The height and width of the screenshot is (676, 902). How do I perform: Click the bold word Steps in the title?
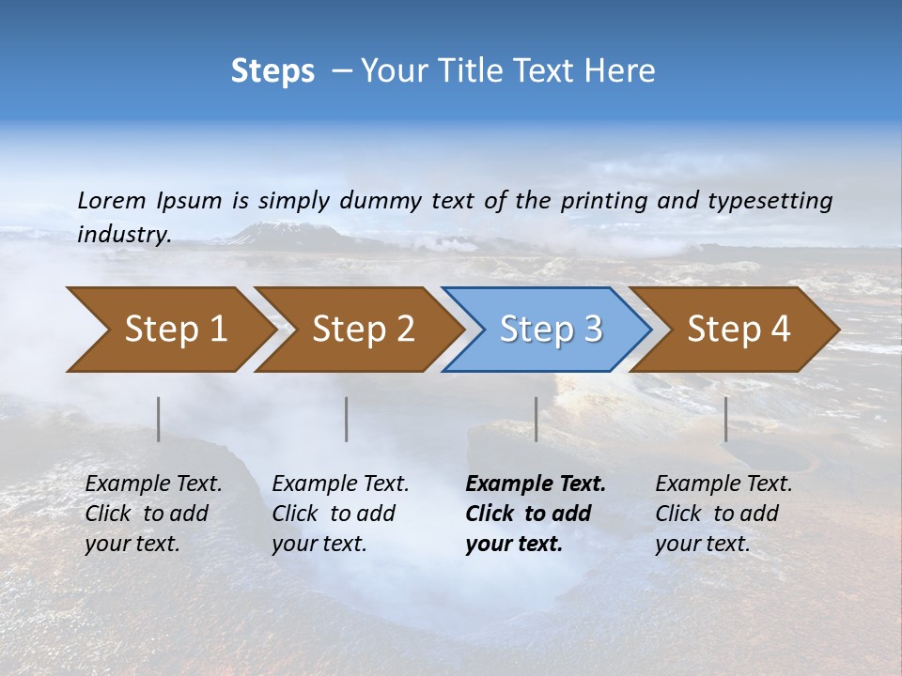pyautogui.click(x=272, y=71)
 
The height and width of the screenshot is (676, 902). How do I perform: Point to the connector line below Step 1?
pyautogui.click(x=159, y=419)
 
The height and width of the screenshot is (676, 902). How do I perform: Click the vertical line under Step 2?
pyautogui.click(x=347, y=419)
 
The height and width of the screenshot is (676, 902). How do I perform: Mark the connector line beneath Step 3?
pyautogui.click(x=536, y=419)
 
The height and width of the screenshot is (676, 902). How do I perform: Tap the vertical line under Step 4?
pyautogui.click(x=725, y=419)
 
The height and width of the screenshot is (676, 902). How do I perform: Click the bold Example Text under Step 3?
pyautogui.click(x=536, y=484)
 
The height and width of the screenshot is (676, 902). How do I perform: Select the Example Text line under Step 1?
pyautogui.click(x=153, y=484)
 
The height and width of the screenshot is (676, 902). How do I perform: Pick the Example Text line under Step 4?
pyautogui.click(x=723, y=484)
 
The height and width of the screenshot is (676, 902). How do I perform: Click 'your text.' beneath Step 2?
pyautogui.click(x=319, y=544)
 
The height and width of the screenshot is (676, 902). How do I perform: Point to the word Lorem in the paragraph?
pyautogui.click(x=112, y=200)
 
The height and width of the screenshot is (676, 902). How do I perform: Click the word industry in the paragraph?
pyautogui.click(x=124, y=235)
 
